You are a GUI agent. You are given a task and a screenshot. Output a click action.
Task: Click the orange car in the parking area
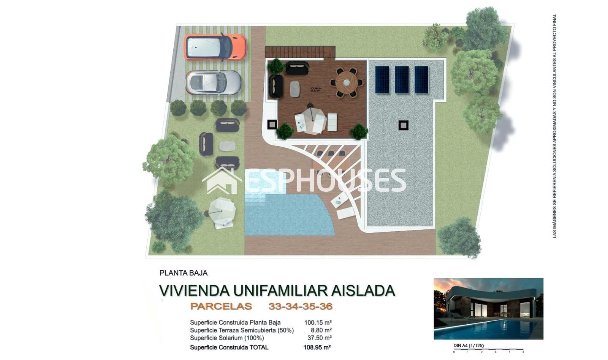pos(215,47)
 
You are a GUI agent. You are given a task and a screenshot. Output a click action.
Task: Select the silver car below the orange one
pos(213,82)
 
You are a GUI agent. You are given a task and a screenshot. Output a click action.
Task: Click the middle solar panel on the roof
pos(402,79)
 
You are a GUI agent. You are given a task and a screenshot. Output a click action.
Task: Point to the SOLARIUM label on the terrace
pos(316,89)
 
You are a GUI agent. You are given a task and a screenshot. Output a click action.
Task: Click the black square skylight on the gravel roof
pos(403,125)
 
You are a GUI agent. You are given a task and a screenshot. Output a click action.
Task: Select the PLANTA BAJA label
pos(184,273)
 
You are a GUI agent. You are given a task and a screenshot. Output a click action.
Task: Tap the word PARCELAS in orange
pos(221,306)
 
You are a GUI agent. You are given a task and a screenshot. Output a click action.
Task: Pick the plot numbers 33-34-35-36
pos(300,306)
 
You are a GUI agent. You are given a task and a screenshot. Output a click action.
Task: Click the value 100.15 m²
pos(318,323)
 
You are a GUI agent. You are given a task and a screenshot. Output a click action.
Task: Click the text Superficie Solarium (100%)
pos(227,338)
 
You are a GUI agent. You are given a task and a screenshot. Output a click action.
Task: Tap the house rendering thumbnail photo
pos(488,308)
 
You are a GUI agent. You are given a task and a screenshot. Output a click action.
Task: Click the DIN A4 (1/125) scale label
pos(469,346)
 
